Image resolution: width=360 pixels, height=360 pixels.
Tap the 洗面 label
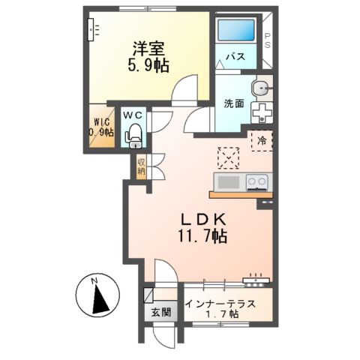[x=233, y=103]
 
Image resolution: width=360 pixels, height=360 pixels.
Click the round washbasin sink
[x=261, y=88]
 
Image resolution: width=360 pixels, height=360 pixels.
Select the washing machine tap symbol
[x=261, y=111]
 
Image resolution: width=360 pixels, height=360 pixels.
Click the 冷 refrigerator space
[x=262, y=139]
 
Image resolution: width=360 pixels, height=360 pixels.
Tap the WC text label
[x=133, y=115]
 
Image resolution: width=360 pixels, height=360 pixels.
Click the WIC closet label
[x=102, y=126]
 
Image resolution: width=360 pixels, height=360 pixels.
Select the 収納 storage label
[x=141, y=166]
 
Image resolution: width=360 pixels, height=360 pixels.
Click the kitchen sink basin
[x=227, y=182]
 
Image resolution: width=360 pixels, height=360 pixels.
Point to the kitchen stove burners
[x=256, y=181]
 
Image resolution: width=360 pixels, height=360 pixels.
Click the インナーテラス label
[x=224, y=304]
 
